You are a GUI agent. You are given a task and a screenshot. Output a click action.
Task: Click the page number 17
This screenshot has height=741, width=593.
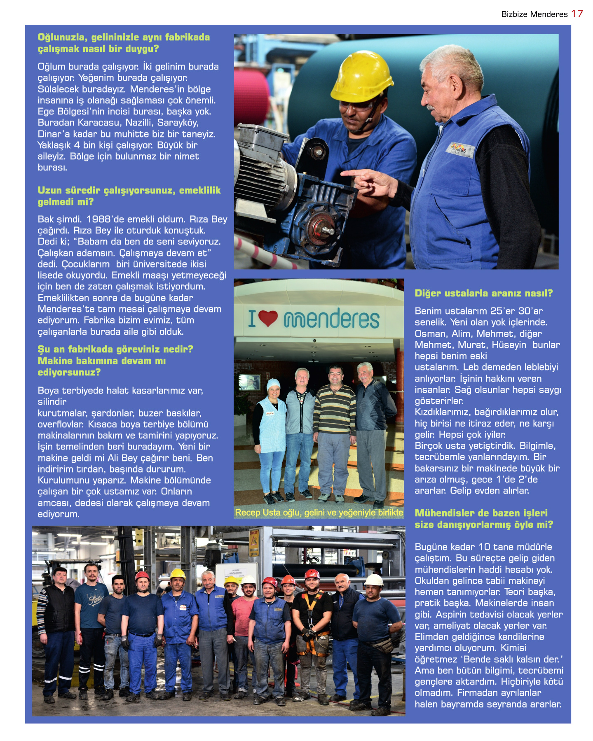(577, 14)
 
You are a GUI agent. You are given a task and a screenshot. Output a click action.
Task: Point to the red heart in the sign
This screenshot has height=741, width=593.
(268, 318)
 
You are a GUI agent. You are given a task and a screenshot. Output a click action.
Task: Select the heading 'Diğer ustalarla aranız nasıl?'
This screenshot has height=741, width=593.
(483, 293)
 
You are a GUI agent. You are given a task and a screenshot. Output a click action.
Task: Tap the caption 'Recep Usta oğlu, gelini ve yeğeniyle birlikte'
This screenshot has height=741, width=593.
(319, 513)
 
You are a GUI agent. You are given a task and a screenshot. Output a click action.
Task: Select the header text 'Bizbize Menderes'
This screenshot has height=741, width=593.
(534, 14)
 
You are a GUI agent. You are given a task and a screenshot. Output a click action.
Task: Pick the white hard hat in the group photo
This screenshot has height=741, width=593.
(374, 580)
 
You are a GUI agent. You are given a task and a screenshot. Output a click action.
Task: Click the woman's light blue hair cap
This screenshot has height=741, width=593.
(273, 384)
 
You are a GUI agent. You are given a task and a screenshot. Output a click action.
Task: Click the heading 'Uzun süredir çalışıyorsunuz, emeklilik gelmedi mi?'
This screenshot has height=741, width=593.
(129, 196)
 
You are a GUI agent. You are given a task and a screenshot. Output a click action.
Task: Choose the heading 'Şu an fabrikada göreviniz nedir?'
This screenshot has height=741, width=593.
(115, 349)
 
